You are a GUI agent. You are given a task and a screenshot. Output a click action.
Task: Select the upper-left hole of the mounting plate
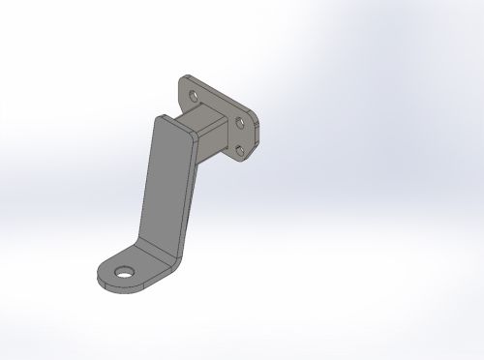pos(195,97)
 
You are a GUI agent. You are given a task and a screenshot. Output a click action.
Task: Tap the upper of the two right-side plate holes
pos(239,123)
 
